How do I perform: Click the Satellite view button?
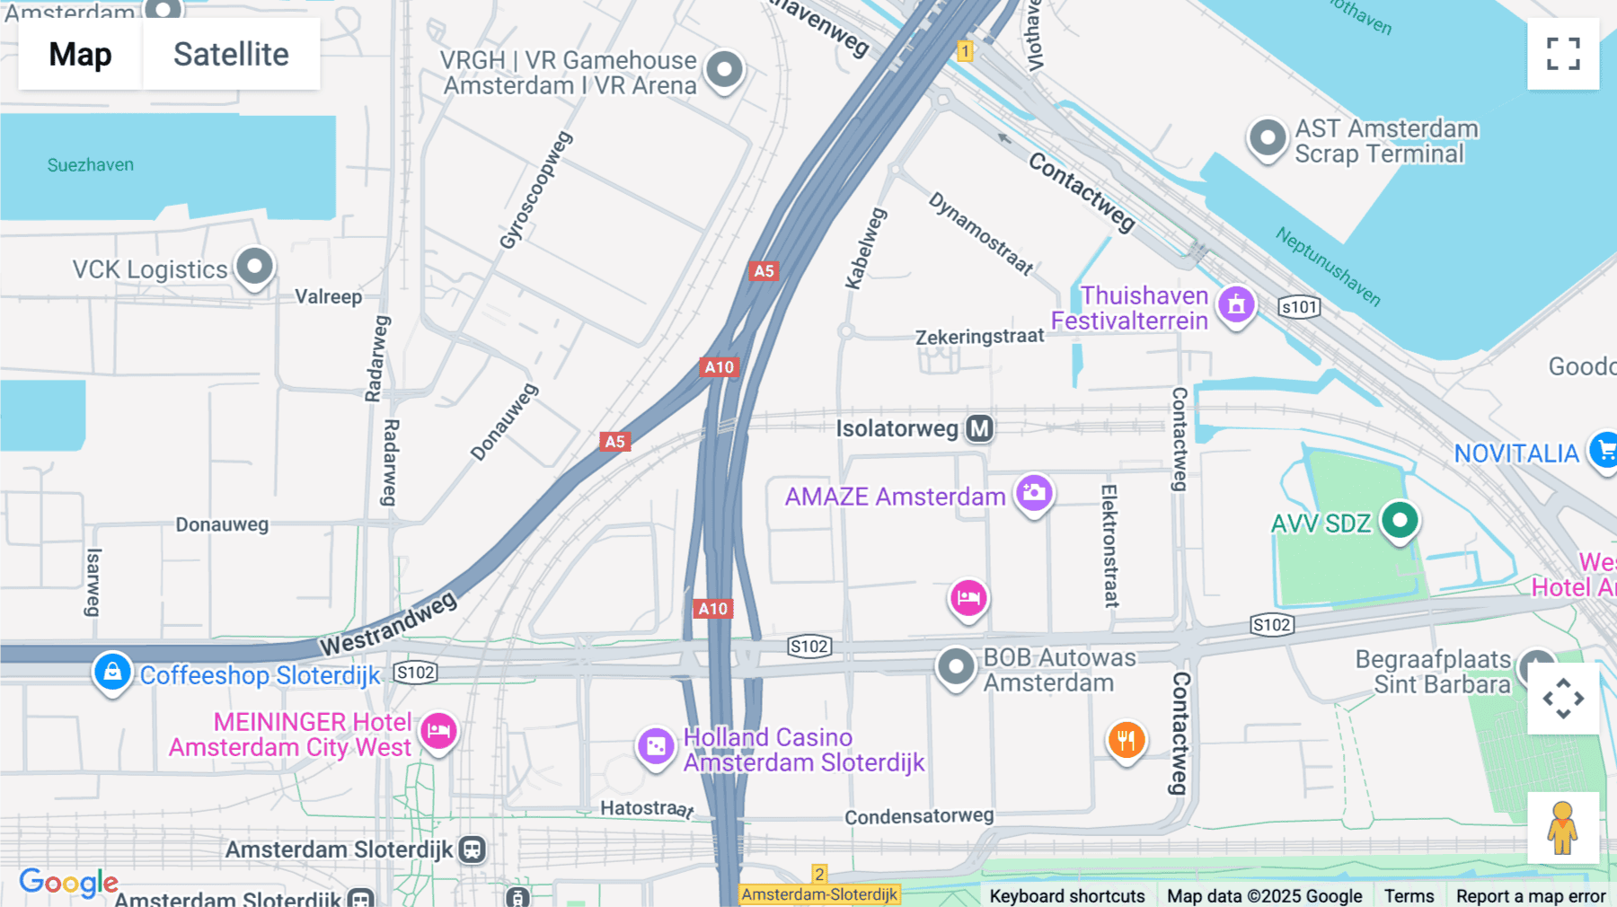(231, 54)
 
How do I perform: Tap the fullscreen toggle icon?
(1563, 54)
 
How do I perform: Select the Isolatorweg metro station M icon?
(980, 428)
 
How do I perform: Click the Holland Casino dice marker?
(656, 746)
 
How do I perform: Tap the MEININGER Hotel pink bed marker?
(438, 731)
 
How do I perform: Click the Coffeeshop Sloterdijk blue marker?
(112, 671)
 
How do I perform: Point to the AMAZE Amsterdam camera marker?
(1034, 493)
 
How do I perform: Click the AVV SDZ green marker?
(1399, 520)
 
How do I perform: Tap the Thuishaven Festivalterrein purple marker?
(1236, 304)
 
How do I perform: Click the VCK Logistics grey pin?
(254, 267)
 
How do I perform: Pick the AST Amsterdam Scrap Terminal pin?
(1268, 138)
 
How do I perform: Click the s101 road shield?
(1299, 307)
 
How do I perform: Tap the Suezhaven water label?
(91, 165)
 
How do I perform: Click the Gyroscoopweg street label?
(535, 190)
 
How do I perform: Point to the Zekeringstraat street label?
(979, 337)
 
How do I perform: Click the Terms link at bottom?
(1409, 895)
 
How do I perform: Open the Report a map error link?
(1531, 895)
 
